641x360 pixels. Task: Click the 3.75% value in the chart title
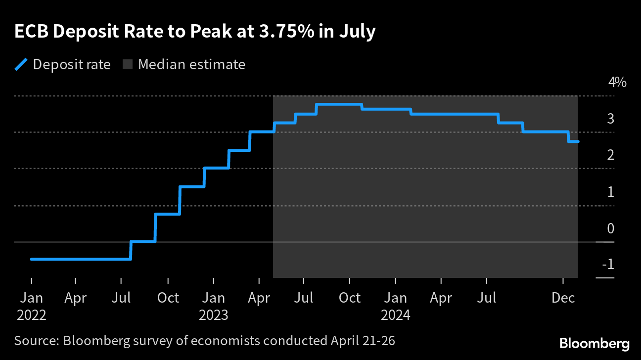tap(293, 32)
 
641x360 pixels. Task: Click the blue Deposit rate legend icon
tap(21, 65)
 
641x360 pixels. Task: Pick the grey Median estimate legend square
tap(127, 65)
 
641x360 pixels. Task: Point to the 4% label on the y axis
tap(617, 82)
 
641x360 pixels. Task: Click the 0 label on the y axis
tap(610, 228)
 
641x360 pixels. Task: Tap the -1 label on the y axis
tap(608, 265)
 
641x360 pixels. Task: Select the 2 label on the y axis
tap(610, 155)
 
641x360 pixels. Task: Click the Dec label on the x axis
tap(563, 298)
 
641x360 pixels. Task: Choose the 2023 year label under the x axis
tap(214, 315)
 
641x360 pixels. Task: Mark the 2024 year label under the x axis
tap(396, 315)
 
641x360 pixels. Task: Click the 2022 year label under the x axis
tap(32, 315)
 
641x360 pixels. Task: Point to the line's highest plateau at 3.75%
tap(339, 104)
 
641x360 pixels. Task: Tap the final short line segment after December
tap(573, 141)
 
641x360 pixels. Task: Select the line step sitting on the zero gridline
tap(143, 242)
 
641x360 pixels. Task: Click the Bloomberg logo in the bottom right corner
tap(594, 343)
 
